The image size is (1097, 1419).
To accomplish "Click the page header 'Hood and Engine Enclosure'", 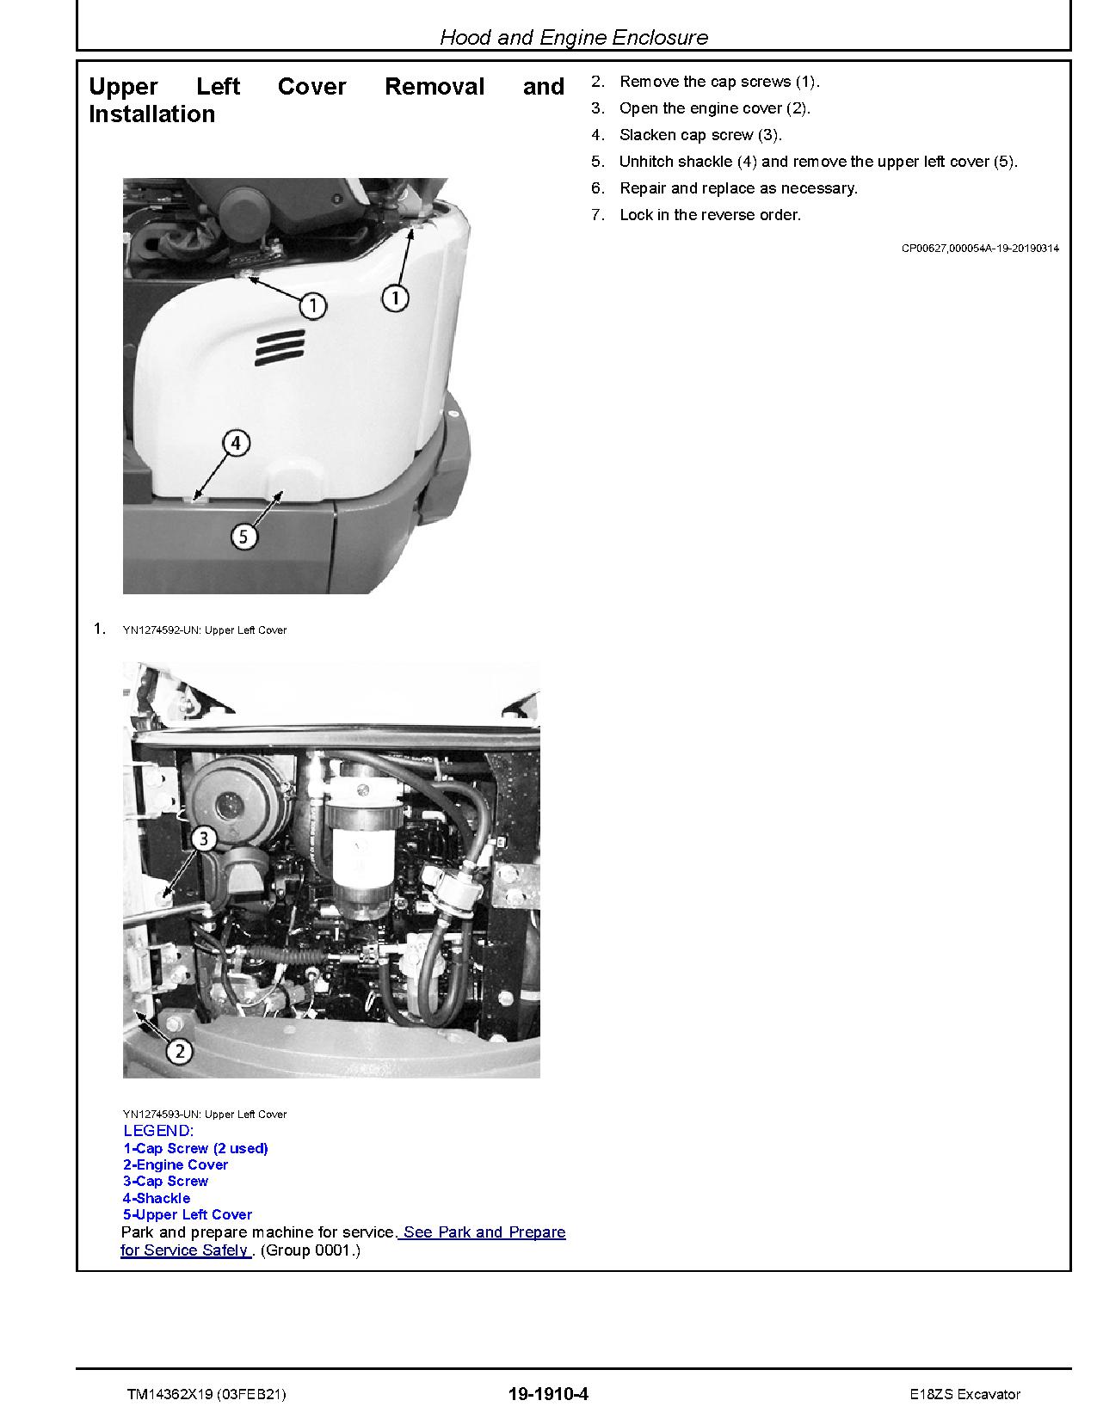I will point(573,37).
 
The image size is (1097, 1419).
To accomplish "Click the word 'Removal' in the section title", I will point(434,87).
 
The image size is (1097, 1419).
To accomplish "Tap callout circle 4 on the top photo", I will point(237,444).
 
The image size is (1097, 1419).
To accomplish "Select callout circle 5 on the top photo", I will point(243,537).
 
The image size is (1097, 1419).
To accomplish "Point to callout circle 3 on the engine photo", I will point(203,839).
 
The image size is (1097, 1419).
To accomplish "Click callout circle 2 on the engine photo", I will point(180,1050).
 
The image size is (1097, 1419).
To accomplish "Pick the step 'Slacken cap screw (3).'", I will point(700,135).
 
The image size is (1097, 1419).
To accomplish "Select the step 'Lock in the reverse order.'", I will point(710,215).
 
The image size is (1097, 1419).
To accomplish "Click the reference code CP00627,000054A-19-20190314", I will point(980,249).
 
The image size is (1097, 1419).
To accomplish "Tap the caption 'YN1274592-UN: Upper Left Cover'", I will point(205,630).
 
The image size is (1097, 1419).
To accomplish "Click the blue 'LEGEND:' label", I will point(159,1131).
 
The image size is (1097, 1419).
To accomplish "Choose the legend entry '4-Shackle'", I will point(157,1198).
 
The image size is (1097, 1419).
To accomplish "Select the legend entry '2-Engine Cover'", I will point(176,1164).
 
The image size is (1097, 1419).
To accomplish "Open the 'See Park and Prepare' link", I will point(484,1232).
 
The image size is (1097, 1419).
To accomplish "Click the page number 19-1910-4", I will point(548,1394).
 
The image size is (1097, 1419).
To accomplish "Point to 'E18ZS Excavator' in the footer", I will point(965,1394).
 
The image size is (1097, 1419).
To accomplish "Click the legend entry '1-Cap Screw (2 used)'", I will point(195,1148).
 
